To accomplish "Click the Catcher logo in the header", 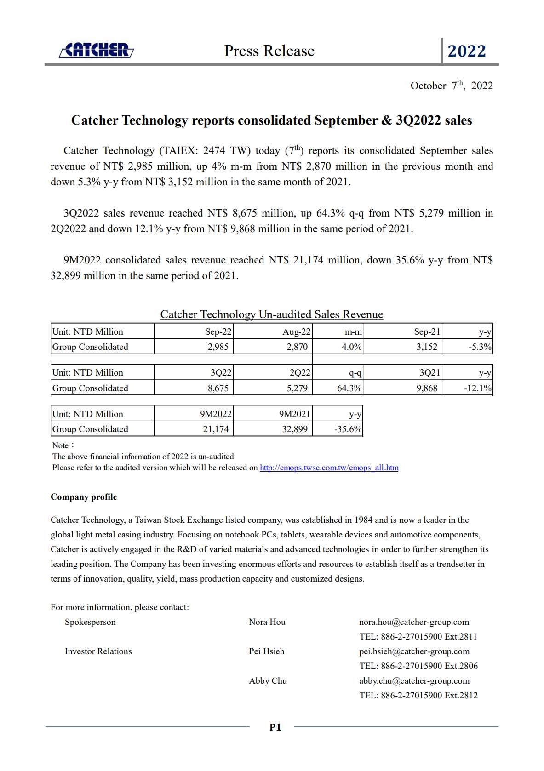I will click(97, 50).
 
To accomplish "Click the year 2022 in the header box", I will click(467, 51).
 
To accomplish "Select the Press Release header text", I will click(269, 51).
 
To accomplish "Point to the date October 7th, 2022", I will click(451, 86).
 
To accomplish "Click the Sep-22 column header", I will click(218, 331).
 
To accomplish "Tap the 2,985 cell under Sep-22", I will click(218, 347).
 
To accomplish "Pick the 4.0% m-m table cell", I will click(351, 347).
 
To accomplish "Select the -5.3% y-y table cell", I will click(480, 347).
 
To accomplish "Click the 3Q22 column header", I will click(221, 372).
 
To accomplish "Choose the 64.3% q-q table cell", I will click(349, 388).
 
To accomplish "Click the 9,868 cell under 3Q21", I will click(427, 388).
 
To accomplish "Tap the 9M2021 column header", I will click(294, 414).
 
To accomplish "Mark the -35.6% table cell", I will click(348, 429).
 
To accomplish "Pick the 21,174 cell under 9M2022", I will click(216, 429).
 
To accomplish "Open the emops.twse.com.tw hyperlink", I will click(329, 468).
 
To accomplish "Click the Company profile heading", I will click(84, 497).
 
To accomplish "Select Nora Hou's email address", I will click(414, 622).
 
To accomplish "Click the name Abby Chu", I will click(268, 680).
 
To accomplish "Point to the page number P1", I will click(275, 727).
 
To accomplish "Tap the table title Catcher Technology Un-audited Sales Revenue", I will click(271, 314).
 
